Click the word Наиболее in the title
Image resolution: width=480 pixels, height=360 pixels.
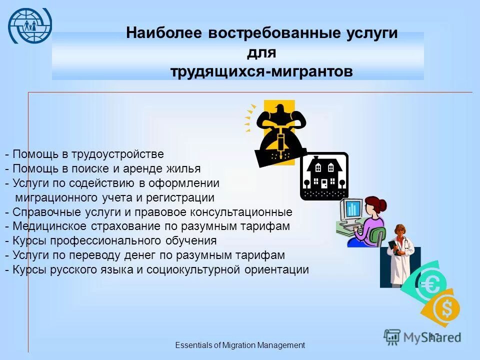(x=163, y=33)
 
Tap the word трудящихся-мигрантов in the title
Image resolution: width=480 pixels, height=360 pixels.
(x=261, y=71)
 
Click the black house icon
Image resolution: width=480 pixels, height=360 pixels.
(x=323, y=176)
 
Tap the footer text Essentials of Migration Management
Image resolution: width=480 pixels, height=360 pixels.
(x=239, y=345)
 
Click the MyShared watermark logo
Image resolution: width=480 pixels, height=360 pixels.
(x=422, y=337)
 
